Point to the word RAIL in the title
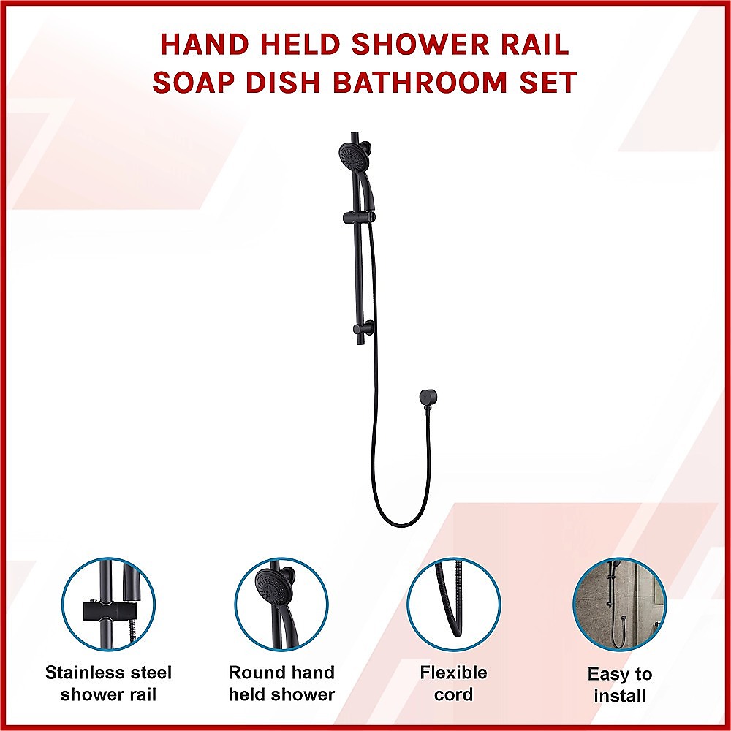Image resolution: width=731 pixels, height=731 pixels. coord(536,45)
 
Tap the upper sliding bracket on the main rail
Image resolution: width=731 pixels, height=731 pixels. coord(358,216)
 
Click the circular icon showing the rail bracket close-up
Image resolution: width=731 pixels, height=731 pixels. coord(108,605)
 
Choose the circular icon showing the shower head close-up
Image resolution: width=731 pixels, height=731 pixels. coord(281,605)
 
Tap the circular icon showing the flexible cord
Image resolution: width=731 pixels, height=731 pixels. coord(453,605)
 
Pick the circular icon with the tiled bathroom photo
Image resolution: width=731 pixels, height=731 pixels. coord(619,605)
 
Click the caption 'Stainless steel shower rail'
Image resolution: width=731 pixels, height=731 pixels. coord(108,683)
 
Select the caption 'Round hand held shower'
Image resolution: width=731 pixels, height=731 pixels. coord(281,683)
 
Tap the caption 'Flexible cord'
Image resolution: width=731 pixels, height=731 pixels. coord(453,683)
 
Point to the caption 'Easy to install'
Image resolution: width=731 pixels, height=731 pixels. coord(619,684)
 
